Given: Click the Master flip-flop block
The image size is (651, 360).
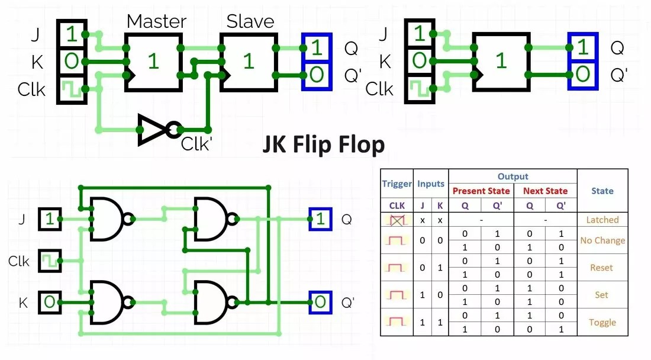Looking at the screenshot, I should coord(153,62).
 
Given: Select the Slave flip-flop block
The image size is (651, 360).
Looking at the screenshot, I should coord(248,62).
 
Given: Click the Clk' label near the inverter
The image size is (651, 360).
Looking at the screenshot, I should coord(196,144).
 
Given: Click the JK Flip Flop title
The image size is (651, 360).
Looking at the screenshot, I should coord(324,144).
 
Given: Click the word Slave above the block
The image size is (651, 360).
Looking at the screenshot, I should coord(250,22).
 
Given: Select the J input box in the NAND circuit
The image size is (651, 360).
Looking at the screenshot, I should coord(50,220).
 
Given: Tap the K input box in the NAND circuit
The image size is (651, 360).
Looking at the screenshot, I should coord(50,302).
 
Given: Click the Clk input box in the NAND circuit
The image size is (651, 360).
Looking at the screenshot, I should coord(50,261).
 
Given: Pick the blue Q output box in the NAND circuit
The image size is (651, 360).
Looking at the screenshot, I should coord(320,220).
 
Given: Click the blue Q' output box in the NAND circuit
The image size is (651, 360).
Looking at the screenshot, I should coord(320,302).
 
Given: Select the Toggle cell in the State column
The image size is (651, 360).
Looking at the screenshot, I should coord(602,323).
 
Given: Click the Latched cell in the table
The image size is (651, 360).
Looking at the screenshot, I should coord(602,220).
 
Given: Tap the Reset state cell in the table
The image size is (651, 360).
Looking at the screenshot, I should coord(602,268).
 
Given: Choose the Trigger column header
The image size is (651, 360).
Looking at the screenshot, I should coord(397,184).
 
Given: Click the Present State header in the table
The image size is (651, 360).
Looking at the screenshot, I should coord(482,191).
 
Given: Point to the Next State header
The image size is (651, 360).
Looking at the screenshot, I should coord(545,191).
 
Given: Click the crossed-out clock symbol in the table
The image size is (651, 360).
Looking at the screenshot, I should coord(397,220).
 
